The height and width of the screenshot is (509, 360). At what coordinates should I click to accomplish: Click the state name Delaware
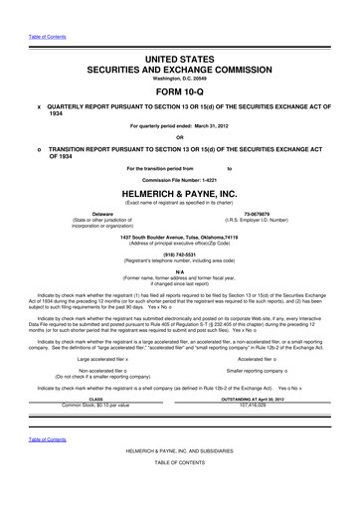pyautogui.click(x=101, y=213)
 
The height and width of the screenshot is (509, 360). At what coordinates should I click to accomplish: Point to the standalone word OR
pyautogui.click(x=179, y=137)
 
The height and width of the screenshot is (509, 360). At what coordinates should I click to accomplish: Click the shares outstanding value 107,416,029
pyautogui.click(x=256, y=406)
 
